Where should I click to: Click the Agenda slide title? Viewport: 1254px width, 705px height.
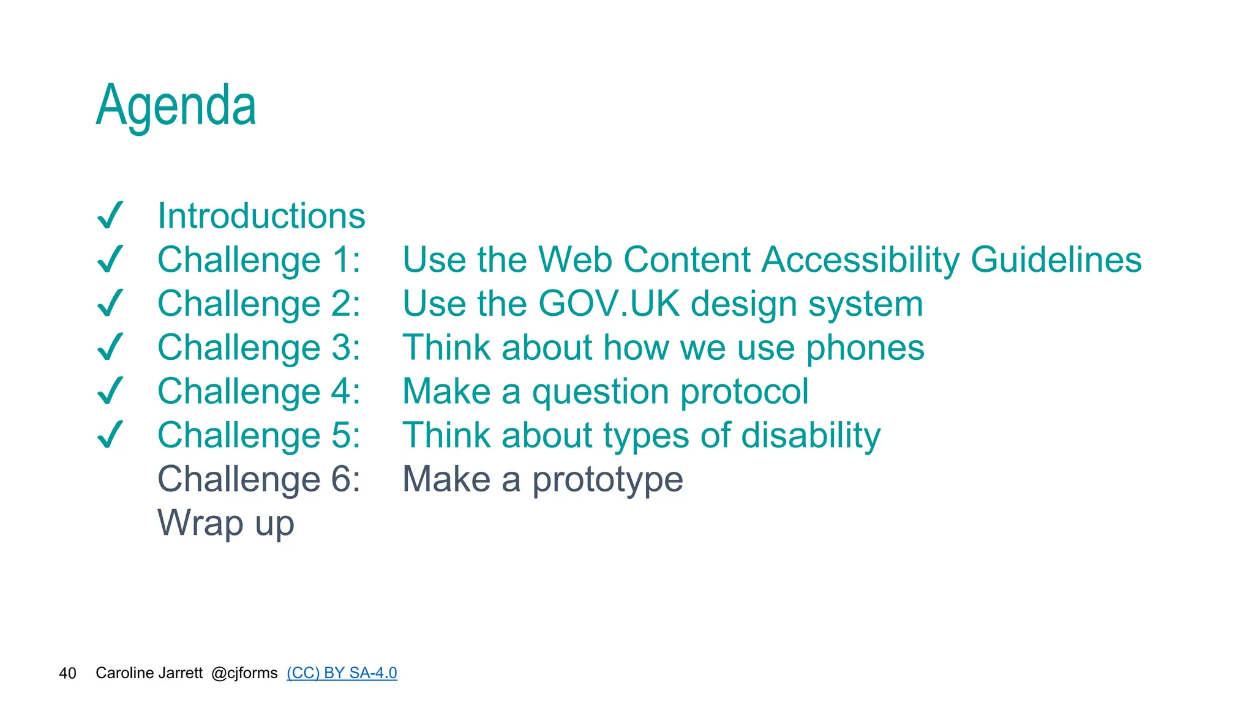176,106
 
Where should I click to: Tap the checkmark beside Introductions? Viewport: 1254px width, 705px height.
111,215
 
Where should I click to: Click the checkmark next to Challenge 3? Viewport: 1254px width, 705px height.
111,347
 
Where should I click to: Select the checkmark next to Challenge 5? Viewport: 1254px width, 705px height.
111,435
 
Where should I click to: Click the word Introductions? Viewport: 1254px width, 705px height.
261,216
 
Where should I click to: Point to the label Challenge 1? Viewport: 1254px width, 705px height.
259,260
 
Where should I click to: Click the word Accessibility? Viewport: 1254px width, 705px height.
860,260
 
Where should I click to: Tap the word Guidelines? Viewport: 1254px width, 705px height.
1056,260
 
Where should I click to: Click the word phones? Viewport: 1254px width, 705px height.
865,348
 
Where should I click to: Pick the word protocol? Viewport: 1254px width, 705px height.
744,392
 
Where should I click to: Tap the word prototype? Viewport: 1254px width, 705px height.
607,480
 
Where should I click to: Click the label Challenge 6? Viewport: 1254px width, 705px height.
259,479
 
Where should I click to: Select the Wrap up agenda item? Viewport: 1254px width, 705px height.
226,523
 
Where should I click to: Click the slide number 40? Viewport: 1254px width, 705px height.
67,673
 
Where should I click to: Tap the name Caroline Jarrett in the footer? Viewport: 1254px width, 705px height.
149,673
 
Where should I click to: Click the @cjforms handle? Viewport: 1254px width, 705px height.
244,673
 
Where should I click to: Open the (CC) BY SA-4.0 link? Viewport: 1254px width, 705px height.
342,673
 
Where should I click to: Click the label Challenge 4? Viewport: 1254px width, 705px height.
259,392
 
